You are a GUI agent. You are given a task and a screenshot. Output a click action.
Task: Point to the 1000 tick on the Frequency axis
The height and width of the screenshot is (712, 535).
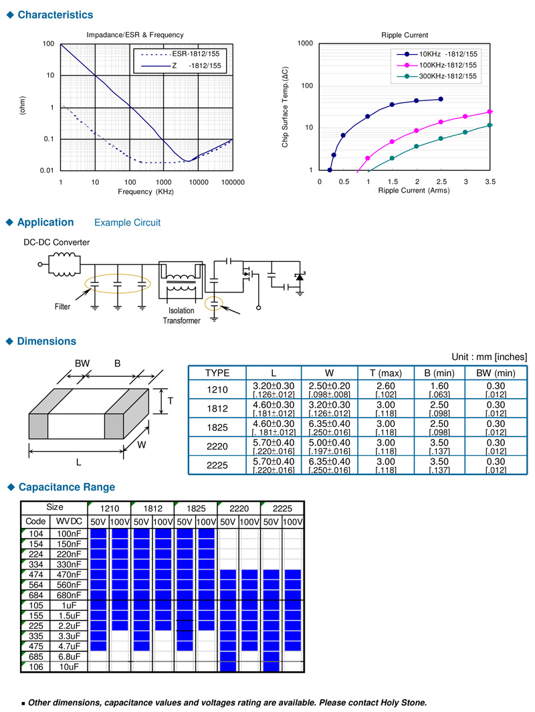pos(164,181)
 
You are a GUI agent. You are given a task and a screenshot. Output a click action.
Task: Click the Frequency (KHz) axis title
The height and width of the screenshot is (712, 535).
pos(146,191)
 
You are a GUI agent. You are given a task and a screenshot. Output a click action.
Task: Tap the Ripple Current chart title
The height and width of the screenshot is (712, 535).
pos(405,35)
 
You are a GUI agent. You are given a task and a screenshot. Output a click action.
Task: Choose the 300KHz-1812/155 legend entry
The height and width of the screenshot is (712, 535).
pos(447,76)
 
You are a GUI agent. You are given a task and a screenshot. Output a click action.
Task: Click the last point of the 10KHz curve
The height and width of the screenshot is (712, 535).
pos(441,99)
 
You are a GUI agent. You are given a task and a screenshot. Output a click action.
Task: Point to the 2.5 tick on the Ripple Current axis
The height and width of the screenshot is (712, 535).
pos(441,181)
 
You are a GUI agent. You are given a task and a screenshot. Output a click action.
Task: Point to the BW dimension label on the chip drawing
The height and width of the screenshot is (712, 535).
pos(82,363)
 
